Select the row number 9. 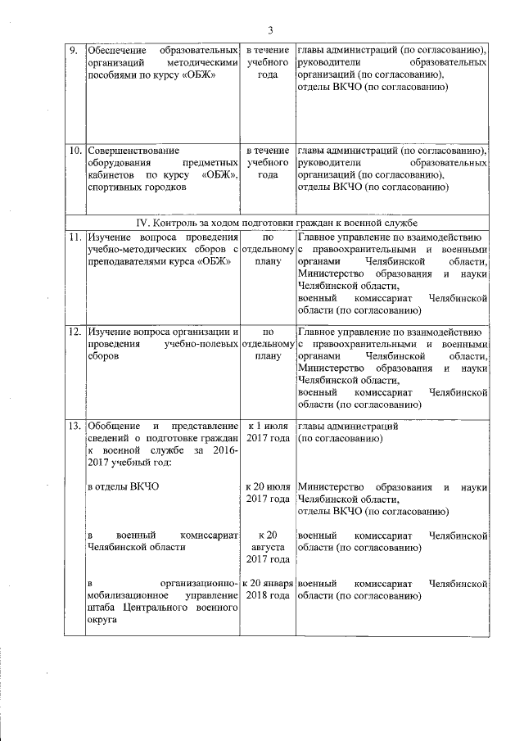tap(72, 51)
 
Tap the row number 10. tap(74, 151)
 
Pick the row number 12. tap(74, 332)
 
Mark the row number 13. tap(74, 427)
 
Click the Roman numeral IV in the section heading tap(144, 223)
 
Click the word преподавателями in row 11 tap(129, 262)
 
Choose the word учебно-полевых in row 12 tap(201, 345)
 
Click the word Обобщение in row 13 tap(115, 427)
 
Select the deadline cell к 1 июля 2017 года tap(268, 433)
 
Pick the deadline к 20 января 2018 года tap(268, 590)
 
